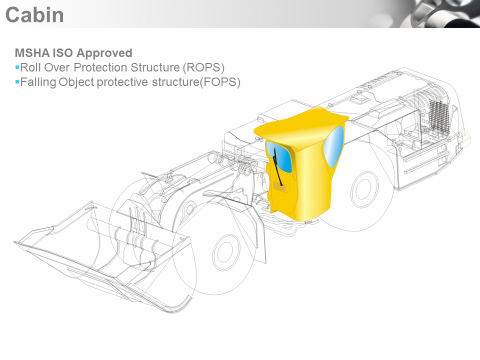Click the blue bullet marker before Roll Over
(18, 66)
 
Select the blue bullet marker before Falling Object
(18, 81)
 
